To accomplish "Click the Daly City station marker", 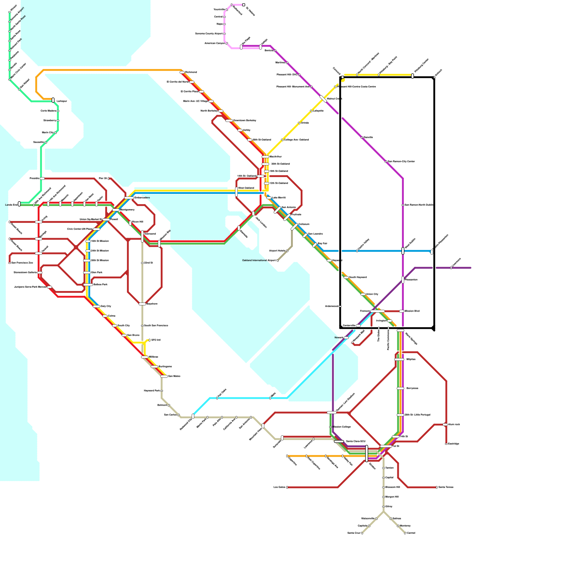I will [96, 307].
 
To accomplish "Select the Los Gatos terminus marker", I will [287, 487].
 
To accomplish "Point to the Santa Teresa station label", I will [446, 487].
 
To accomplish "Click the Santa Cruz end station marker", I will [362, 533].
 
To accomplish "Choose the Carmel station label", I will [411, 533].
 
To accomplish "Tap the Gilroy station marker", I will [384, 507].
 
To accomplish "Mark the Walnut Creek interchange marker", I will [323, 99].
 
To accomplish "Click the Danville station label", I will [368, 138].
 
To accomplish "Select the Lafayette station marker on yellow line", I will [311, 111].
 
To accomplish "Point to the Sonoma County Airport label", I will [209, 34].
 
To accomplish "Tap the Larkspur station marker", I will [53, 100].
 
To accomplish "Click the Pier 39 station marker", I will [109, 178].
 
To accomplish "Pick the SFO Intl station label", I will [156, 340].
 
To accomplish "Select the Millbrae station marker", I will [145, 357].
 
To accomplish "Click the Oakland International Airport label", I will [259, 260].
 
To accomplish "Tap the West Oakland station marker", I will [236, 192].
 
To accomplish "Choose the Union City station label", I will [372, 294].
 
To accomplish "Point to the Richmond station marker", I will [182, 72].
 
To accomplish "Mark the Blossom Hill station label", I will [393, 487].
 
